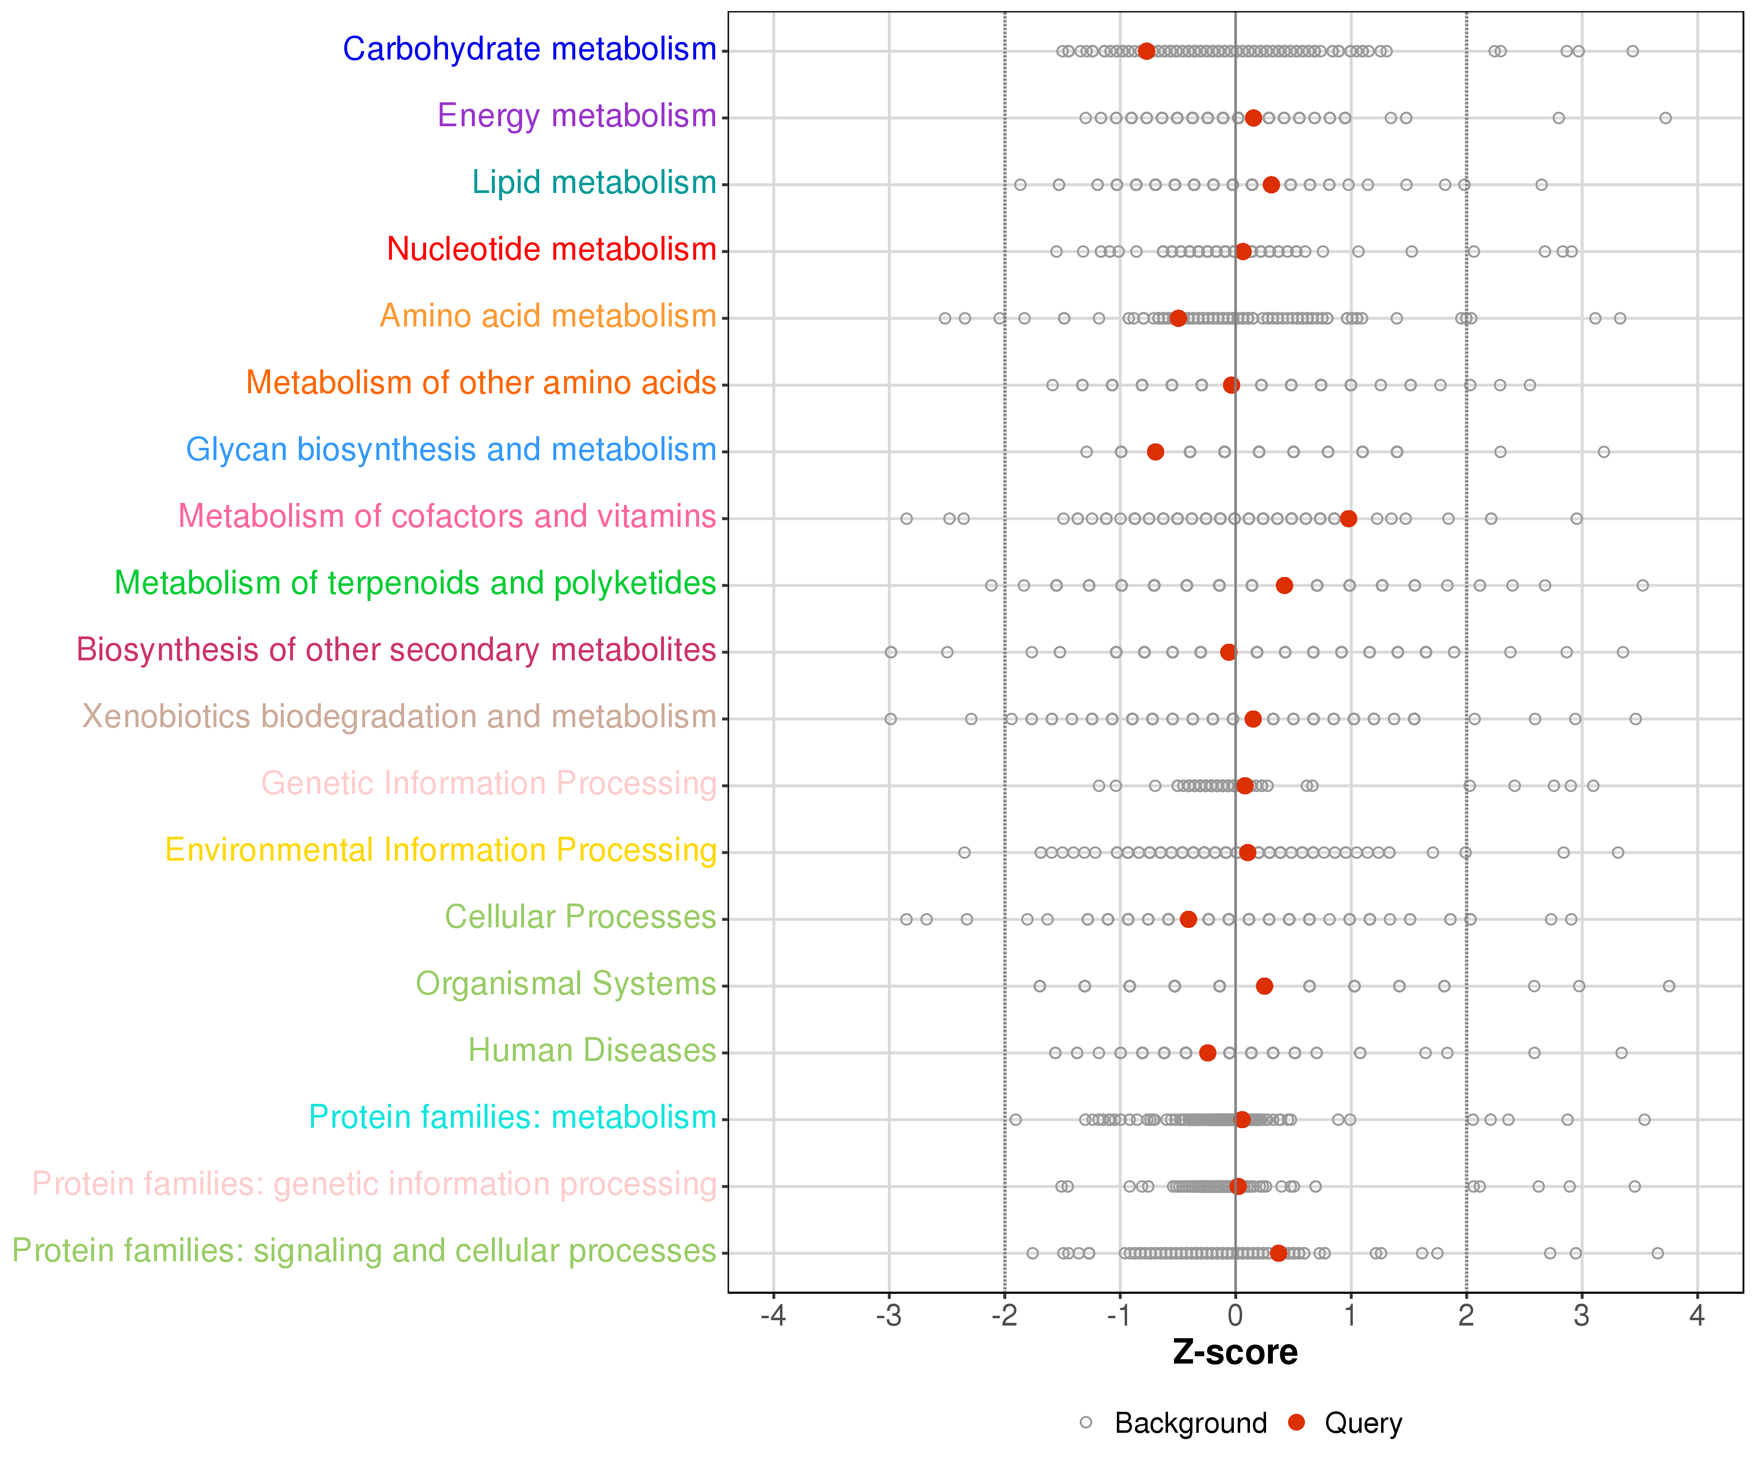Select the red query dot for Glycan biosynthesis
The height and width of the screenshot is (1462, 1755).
pos(1155,452)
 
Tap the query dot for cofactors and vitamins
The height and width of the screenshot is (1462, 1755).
pos(1348,519)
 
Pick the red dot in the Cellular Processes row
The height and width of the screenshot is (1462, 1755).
pos(1189,919)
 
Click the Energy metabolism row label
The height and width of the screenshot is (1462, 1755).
pos(577,116)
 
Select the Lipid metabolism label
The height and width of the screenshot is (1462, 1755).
pos(594,183)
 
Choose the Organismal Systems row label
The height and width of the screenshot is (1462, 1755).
pos(566,984)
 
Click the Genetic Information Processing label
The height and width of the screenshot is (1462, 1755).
pos(489,784)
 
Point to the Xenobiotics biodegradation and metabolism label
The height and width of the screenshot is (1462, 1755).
pos(399,717)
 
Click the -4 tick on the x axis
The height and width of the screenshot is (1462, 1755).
pos(773,1317)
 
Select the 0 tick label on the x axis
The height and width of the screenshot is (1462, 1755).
pos(1235,1317)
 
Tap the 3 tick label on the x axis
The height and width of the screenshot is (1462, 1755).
pos(1581,1317)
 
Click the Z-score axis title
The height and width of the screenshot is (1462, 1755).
pos(1235,1352)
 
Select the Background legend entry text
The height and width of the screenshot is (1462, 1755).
pos(1191,1423)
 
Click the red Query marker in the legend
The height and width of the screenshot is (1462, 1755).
pos(1296,1422)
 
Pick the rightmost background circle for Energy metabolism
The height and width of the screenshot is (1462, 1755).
pos(1666,118)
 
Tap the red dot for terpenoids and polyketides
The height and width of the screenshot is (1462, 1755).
pos(1285,586)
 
